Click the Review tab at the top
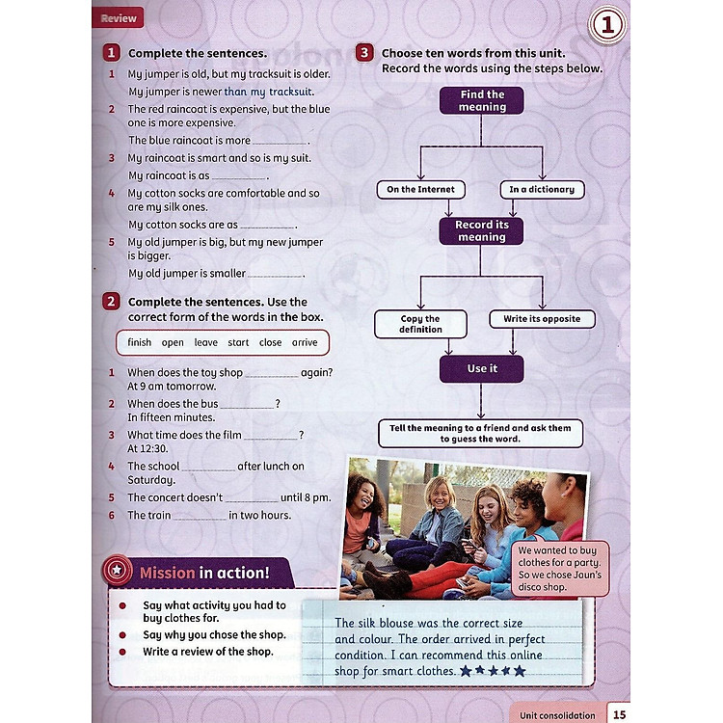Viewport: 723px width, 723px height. point(119,17)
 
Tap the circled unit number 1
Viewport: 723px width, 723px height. point(607,28)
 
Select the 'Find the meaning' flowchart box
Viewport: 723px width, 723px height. point(482,100)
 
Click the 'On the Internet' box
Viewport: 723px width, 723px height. point(420,190)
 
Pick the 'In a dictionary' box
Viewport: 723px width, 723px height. point(542,190)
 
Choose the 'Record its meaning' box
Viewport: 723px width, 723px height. point(482,230)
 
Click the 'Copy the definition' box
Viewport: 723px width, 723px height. point(420,324)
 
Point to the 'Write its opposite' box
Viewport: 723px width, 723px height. point(542,319)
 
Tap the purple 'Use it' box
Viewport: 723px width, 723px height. point(482,368)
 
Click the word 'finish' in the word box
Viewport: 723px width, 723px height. point(140,342)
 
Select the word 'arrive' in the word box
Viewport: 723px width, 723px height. point(305,342)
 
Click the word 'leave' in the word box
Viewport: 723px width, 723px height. point(205,342)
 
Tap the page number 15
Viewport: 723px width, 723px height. point(619,713)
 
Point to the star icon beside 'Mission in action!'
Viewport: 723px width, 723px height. point(117,572)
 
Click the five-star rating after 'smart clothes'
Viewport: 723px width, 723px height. point(494,670)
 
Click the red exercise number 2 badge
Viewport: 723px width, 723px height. point(113,302)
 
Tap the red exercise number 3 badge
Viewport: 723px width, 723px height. point(365,53)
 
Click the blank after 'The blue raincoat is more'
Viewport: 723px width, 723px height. point(280,141)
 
